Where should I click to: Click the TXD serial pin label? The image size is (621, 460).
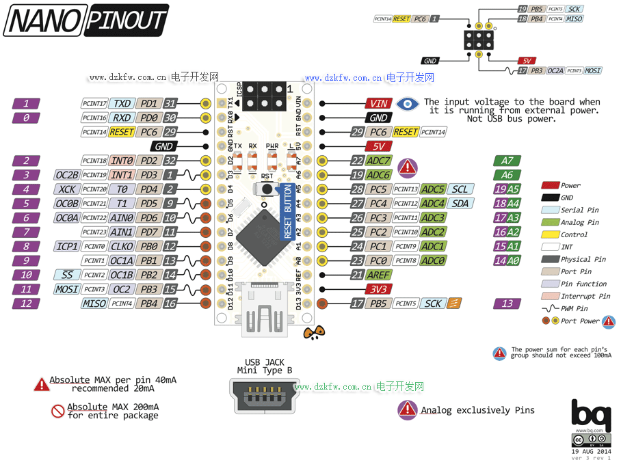(122, 104)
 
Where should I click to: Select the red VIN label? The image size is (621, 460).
(378, 104)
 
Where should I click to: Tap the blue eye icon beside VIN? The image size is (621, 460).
(408, 104)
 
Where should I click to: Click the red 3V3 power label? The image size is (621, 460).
(378, 289)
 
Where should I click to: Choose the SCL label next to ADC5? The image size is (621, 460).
(461, 189)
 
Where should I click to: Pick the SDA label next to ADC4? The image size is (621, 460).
(461, 204)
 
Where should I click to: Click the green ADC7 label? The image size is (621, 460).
(378, 161)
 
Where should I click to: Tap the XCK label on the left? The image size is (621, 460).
(67, 189)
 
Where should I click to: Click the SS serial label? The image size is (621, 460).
(67, 275)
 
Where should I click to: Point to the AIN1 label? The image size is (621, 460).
(122, 232)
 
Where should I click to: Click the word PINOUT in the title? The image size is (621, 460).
(127, 21)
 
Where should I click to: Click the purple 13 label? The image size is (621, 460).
(507, 303)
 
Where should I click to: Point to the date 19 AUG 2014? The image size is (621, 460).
(591, 451)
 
